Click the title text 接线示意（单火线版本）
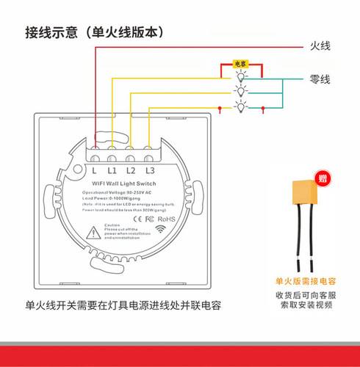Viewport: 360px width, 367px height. pos(94,32)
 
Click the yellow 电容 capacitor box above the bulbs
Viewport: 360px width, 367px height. pos(240,64)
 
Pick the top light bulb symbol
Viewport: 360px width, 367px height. pos(240,74)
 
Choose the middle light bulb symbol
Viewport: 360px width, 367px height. pos(240,90)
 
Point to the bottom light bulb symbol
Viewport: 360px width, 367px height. pos(240,107)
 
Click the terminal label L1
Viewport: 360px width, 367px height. pos(112,170)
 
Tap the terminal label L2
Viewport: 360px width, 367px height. pos(132,170)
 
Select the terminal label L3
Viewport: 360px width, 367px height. pos(150,170)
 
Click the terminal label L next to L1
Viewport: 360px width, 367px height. pos(94,170)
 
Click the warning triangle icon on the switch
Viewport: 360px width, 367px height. pos(95,234)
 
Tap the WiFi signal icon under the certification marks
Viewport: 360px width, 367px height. pos(159,230)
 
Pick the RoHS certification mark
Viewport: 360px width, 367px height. pos(166,219)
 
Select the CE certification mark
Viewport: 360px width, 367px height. pos(137,219)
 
